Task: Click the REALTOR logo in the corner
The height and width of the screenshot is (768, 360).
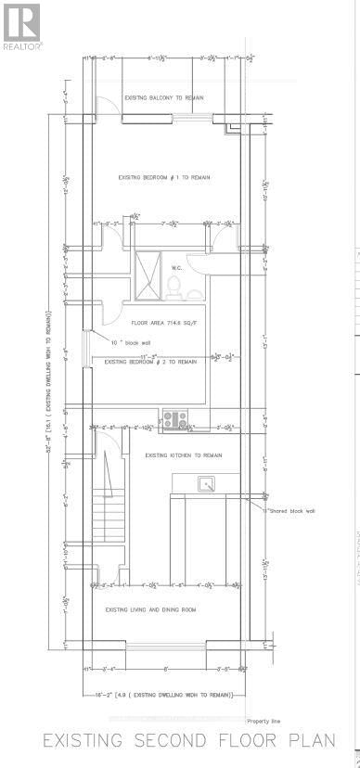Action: coord(21,25)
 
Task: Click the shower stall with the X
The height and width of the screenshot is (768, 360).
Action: coord(148,275)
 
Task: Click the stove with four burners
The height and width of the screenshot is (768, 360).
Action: coord(174,420)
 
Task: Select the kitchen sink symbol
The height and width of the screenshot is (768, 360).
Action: coord(206,483)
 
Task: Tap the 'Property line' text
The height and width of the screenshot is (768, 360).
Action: coord(264,721)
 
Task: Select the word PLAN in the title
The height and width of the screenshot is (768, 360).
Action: coord(314,742)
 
